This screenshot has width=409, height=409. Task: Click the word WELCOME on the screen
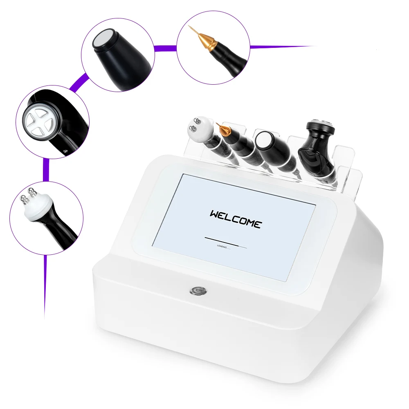point(235,219)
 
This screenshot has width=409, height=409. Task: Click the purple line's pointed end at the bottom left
point(44,315)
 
